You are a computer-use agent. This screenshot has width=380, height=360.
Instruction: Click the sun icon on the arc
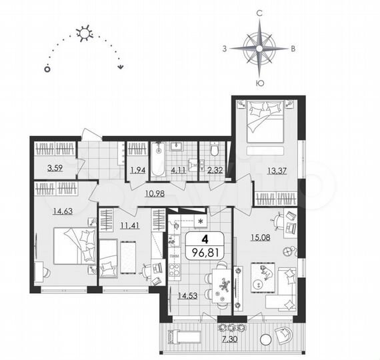85,32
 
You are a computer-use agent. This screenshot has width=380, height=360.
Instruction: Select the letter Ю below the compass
259,83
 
